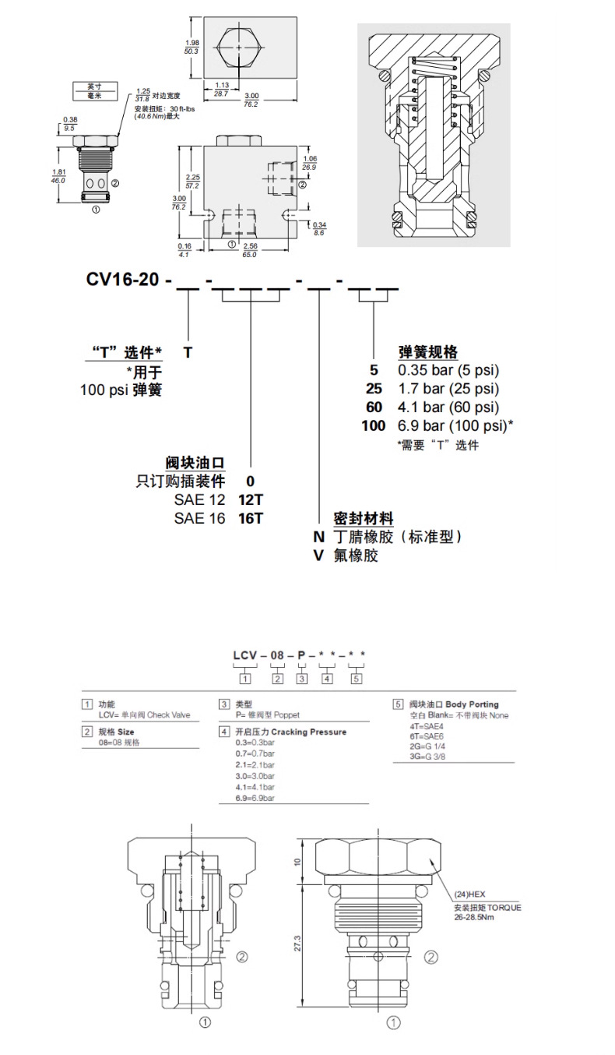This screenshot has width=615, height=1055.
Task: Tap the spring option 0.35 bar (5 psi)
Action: point(448,370)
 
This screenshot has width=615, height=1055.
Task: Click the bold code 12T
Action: point(251,499)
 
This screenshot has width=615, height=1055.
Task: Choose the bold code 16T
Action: point(251,517)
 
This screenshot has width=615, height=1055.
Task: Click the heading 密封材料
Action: point(363,518)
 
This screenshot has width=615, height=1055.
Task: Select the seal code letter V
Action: point(318,556)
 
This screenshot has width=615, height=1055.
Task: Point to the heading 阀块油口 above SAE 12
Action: point(195,463)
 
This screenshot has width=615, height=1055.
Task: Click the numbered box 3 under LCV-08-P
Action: point(301,679)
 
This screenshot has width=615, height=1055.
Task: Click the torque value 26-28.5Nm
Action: point(476,917)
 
